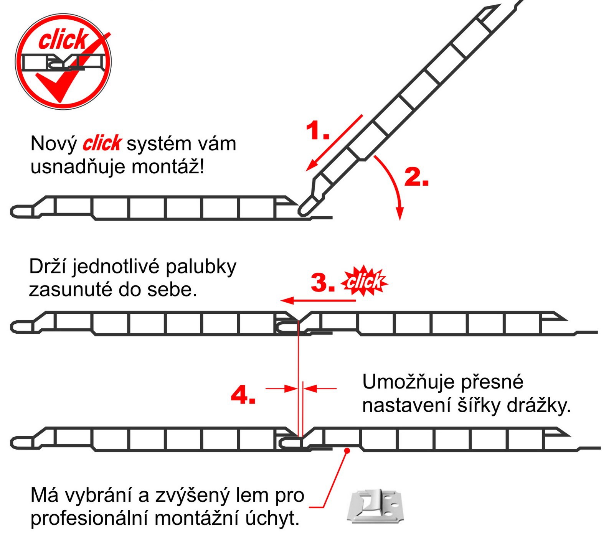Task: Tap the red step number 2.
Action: (416, 177)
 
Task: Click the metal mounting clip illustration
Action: (376, 506)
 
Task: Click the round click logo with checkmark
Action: (63, 61)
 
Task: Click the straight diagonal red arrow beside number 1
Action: (334, 142)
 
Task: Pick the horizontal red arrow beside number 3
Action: (318, 300)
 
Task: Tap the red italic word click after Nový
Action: (102, 143)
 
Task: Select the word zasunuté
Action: (70, 290)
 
